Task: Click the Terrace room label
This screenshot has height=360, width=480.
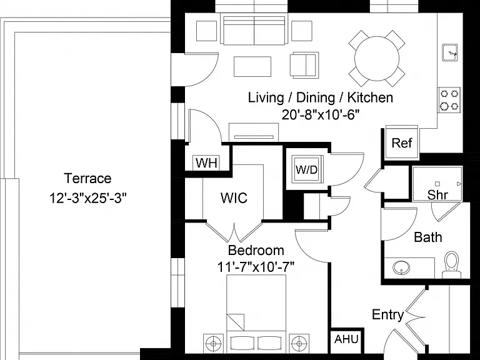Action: coord(87,178)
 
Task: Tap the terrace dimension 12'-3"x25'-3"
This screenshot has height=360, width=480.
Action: coord(87,198)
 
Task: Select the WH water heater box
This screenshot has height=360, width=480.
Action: coord(207,163)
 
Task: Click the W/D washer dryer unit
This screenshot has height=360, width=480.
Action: coord(307,169)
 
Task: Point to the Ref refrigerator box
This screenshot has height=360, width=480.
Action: coord(402,142)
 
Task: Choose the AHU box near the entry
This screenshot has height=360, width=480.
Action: coord(346,340)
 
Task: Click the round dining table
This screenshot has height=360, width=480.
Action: coord(377,59)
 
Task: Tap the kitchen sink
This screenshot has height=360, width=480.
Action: coord(450,52)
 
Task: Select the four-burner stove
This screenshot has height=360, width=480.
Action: coord(449,100)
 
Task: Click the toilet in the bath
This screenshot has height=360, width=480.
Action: coord(452,265)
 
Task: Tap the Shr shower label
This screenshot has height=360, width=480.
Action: coord(437,195)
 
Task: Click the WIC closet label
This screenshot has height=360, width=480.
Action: coord(234,198)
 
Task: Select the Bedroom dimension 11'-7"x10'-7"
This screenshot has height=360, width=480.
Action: coord(256,267)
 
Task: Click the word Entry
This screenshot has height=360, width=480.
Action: coord(388,315)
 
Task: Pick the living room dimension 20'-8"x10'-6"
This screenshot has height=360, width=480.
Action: coord(320,115)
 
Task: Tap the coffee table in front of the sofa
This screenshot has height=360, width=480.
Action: coord(252,66)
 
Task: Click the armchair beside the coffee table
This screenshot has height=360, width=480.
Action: coord(304,64)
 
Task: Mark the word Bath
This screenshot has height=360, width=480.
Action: coord(428,237)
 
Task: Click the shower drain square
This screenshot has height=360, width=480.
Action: coord(437,184)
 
